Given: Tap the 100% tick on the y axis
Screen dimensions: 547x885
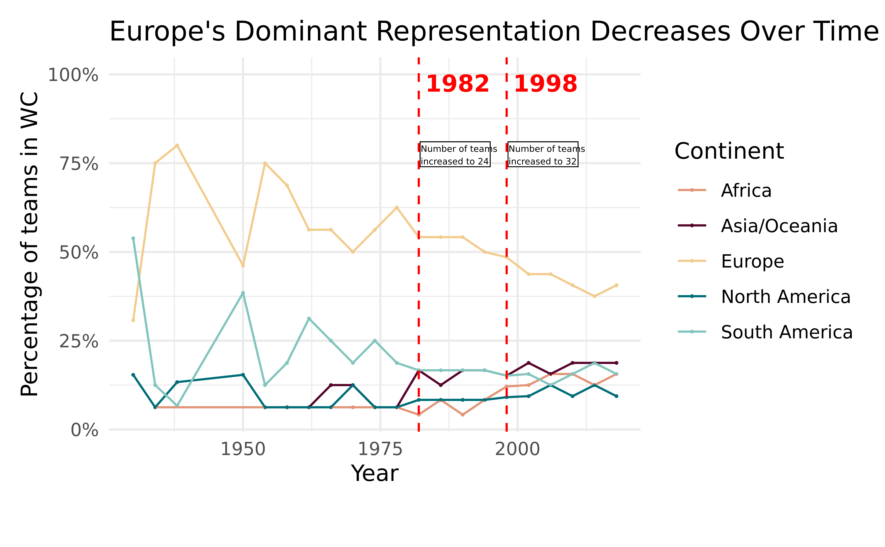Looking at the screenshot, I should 73,76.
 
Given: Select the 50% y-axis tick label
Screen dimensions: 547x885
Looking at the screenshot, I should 79,253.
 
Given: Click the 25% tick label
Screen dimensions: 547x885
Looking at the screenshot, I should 79,341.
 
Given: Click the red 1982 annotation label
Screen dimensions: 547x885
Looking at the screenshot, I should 458,84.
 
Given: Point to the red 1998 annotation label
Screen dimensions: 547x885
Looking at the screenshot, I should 545,84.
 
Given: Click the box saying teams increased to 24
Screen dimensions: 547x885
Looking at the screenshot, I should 455,154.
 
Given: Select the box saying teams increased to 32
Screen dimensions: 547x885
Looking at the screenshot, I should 543,154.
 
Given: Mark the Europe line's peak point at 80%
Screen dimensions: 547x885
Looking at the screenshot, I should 177,145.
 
